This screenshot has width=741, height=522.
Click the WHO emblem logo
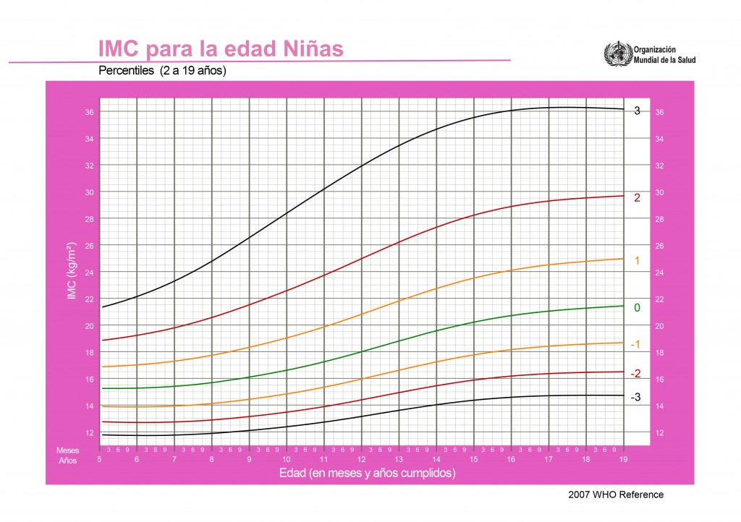tap(617, 55)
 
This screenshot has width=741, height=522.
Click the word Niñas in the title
tap(307, 49)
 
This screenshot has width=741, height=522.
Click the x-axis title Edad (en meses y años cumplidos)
tap(367, 473)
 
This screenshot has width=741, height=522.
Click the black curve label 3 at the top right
tap(638, 111)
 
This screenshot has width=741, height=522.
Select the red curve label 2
tap(638, 197)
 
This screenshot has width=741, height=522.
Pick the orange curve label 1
tap(638, 260)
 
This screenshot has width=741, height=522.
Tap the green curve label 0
tap(638, 308)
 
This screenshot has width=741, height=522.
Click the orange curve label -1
tap(635, 344)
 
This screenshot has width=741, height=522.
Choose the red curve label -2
tap(635, 374)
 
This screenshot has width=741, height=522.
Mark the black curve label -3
tap(635, 398)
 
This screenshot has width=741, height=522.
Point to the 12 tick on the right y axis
tap(659, 433)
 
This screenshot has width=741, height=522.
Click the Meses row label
tap(68, 450)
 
